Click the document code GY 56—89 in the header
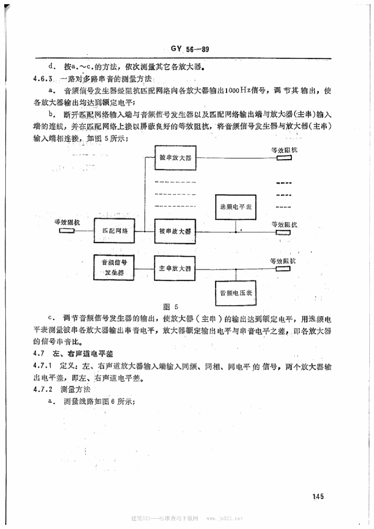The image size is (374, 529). click(189, 50)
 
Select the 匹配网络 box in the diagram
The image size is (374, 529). click(114, 231)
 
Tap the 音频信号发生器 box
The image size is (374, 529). click(114, 267)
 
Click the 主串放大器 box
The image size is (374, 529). click(175, 269)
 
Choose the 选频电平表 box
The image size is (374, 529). click(235, 207)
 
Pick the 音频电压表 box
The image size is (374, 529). click(236, 293)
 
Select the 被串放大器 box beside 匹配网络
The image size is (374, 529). click(175, 230)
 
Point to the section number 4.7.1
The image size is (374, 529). click(43, 366)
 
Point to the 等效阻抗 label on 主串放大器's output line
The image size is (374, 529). click(284, 261)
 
